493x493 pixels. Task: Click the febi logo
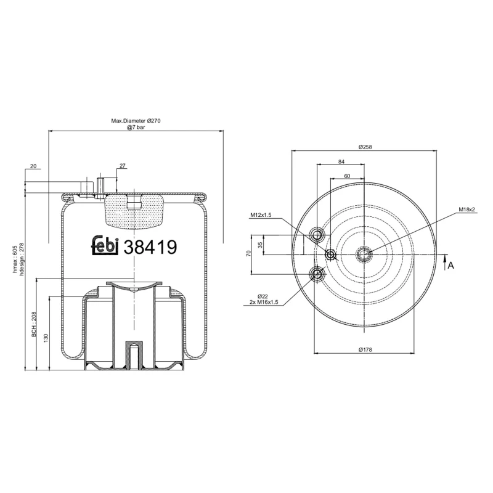[x=106, y=245]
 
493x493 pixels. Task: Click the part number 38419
[x=150, y=246]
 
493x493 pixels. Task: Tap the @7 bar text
[x=136, y=128]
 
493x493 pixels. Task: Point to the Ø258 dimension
[x=366, y=147]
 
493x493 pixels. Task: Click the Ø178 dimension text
[x=366, y=349]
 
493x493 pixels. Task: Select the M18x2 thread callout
[x=467, y=210]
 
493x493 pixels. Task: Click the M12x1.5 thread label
[x=261, y=215]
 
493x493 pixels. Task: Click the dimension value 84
[x=341, y=161]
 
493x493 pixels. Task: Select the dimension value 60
[x=347, y=176]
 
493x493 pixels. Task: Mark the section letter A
[x=451, y=265]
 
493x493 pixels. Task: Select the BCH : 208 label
[x=35, y=325]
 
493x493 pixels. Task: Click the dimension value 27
[x=122, y=166]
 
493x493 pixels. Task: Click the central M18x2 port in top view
[x=364, y=253]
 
